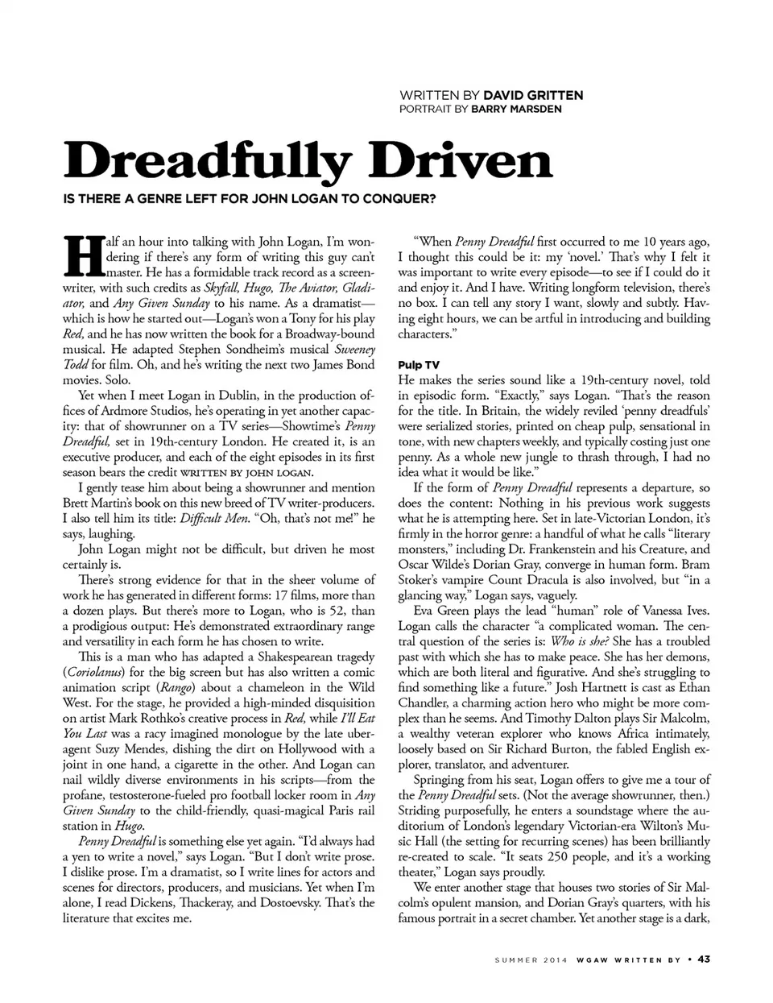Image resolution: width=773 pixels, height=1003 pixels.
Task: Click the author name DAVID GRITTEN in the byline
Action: click(x=533, y=95)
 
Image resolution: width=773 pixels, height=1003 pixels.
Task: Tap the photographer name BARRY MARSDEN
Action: click(x=516, y=109)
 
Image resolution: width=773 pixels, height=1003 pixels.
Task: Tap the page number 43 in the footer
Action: click(x=703, y=959)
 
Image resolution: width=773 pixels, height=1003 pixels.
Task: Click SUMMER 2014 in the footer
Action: click(x=531, y=959)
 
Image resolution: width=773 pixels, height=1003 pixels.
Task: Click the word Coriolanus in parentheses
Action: click(x=97, y=672)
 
